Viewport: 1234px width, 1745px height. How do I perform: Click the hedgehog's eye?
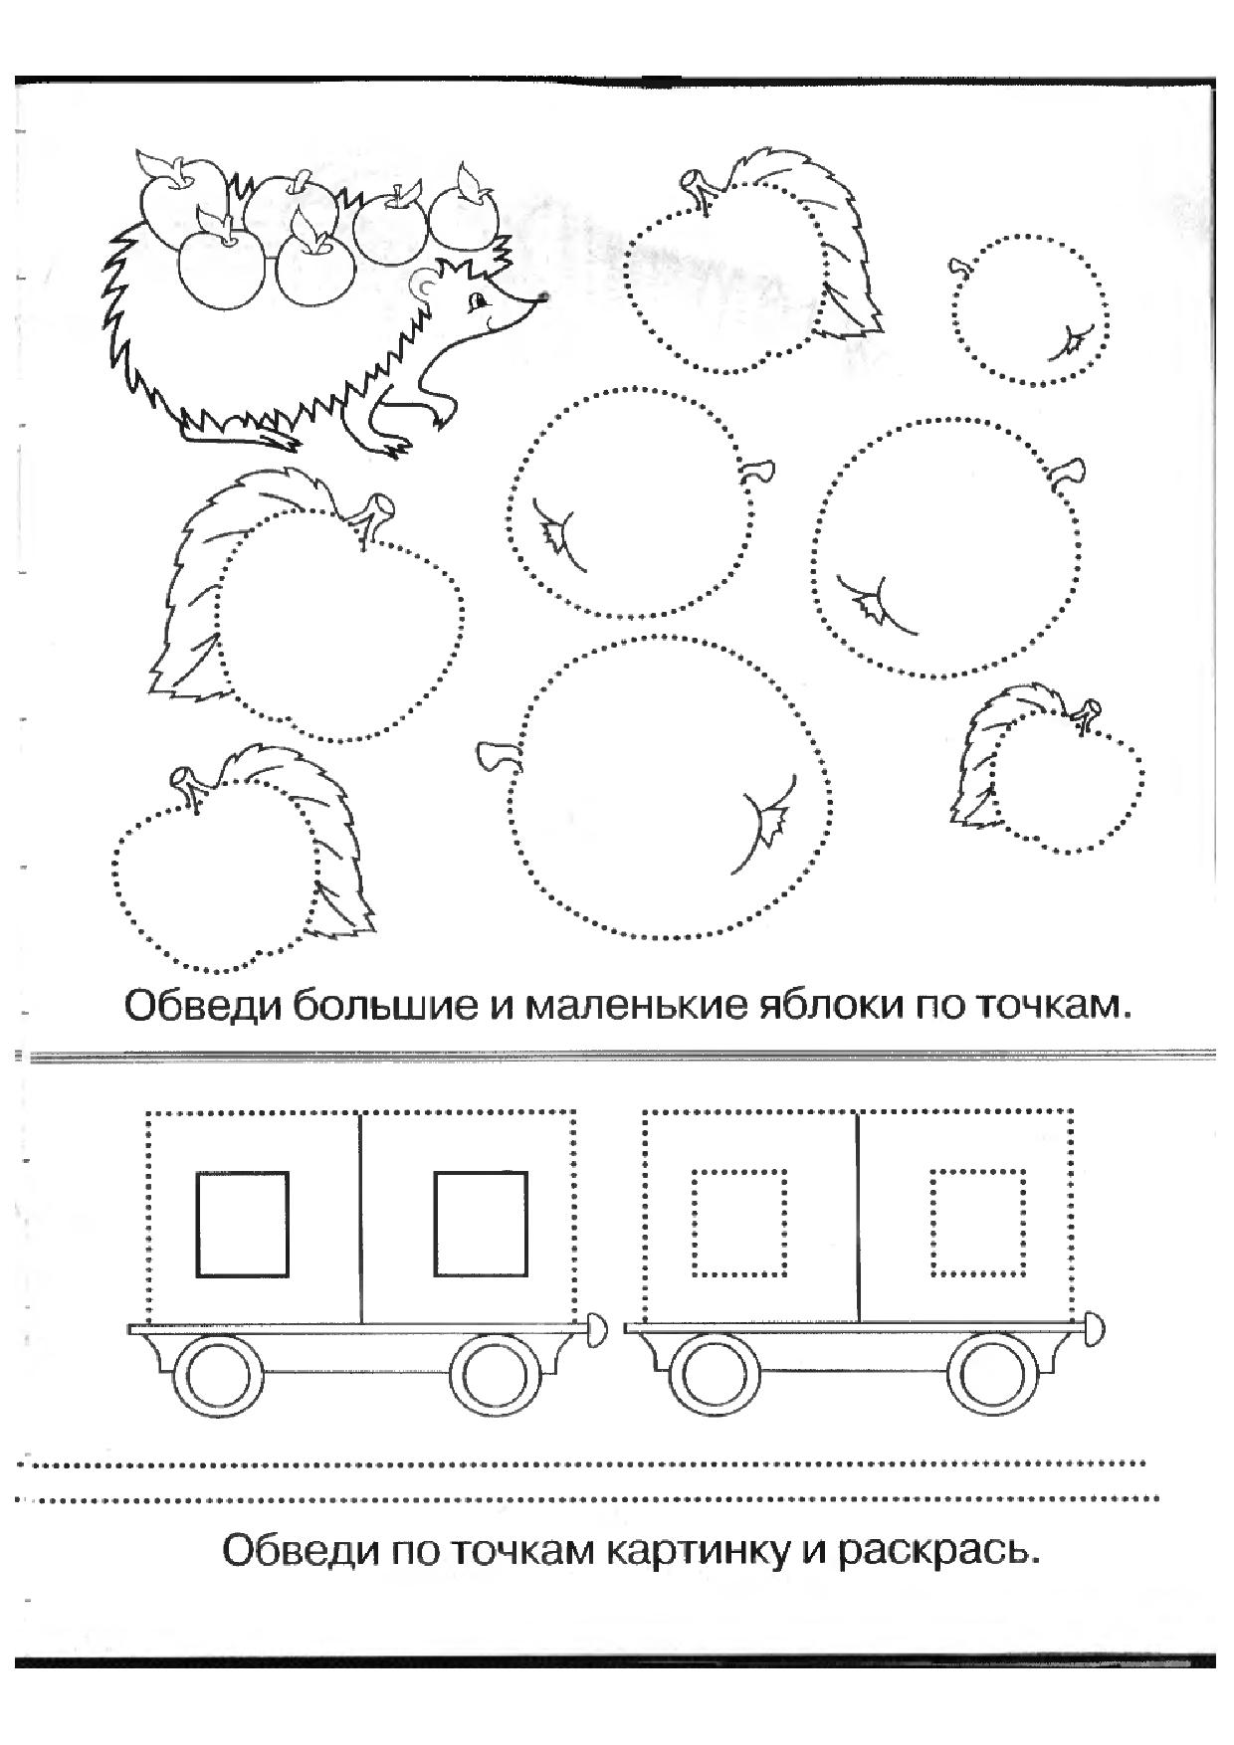(x=479, y=300)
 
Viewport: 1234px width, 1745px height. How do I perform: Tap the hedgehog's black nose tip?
(x=543, y=295)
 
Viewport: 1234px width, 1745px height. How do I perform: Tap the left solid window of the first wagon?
(x=242, y=1224)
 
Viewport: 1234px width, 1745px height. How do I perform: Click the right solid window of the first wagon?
(x=480, y=1224)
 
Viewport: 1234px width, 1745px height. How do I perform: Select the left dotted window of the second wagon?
(x=739, y=1223)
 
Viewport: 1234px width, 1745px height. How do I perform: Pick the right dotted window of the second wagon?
(x=978, y=1223)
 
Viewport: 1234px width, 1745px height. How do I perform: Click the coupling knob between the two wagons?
(x=597, y=1328)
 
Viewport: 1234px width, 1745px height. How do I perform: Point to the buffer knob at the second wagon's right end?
(x=1094, y=1328)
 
